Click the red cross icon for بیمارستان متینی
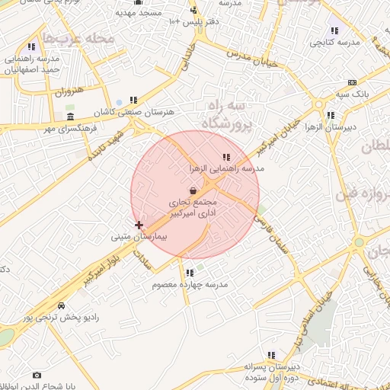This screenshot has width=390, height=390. click(139, 225)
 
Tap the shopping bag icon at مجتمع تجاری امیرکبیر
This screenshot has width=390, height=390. click(194, 190)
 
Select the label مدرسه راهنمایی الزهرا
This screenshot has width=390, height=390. click(226, 168)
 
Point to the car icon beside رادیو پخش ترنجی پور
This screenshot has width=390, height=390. click(60, 305)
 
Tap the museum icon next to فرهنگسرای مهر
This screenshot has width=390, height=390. click(71, 117)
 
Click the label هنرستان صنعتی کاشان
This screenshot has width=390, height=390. click(134, 111)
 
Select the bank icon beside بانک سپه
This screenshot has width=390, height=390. click(351, 82)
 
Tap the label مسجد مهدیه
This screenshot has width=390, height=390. click(136, 13)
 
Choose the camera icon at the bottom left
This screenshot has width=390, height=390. click(37, 375)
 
